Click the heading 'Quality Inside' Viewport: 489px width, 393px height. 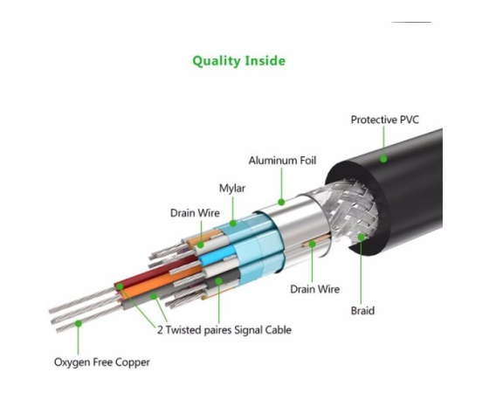239,61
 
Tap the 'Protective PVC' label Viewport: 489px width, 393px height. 385,120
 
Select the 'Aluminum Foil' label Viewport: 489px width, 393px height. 282,161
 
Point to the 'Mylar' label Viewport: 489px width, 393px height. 232,189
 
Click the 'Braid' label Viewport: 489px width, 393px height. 362,311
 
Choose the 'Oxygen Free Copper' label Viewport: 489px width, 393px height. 102,362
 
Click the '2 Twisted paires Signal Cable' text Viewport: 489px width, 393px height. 224,330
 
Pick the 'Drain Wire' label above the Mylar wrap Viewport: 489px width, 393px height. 195,213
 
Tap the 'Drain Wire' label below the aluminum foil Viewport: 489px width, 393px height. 315,289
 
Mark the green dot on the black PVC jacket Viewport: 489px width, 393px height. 383,159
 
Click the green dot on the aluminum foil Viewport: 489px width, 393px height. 281,202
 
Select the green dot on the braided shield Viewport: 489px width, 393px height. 362,238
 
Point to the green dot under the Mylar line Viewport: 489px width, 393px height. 232,224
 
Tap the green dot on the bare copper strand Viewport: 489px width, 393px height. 79,324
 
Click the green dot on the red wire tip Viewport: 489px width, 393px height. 120,286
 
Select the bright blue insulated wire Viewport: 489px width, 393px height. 217,255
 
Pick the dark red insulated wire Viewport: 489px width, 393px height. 156,272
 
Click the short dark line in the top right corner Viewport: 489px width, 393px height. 411,22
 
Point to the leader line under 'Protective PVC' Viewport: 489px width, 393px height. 383,141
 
